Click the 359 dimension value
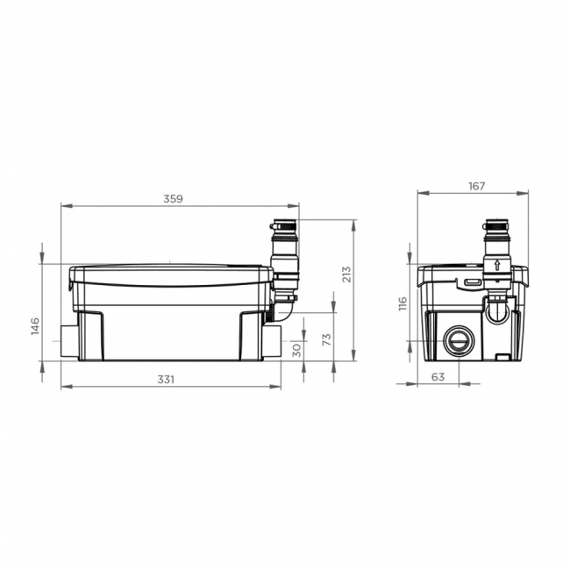click(x=173, y=199)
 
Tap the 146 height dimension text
click(x=35, y=326)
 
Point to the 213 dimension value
click(x=346, y=274)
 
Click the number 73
click(x=326, y=340)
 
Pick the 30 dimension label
click(x=296, y=349)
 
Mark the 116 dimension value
click(x=403, y=304)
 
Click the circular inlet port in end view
click(x=458, y=340)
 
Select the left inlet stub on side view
click(x=69, y=338)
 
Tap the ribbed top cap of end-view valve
click(x=496, y=229)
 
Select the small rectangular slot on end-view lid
click(x=471, y=282)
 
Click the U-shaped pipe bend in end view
click(x=498, y=308)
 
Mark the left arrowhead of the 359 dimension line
click(x=64, y=206)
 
